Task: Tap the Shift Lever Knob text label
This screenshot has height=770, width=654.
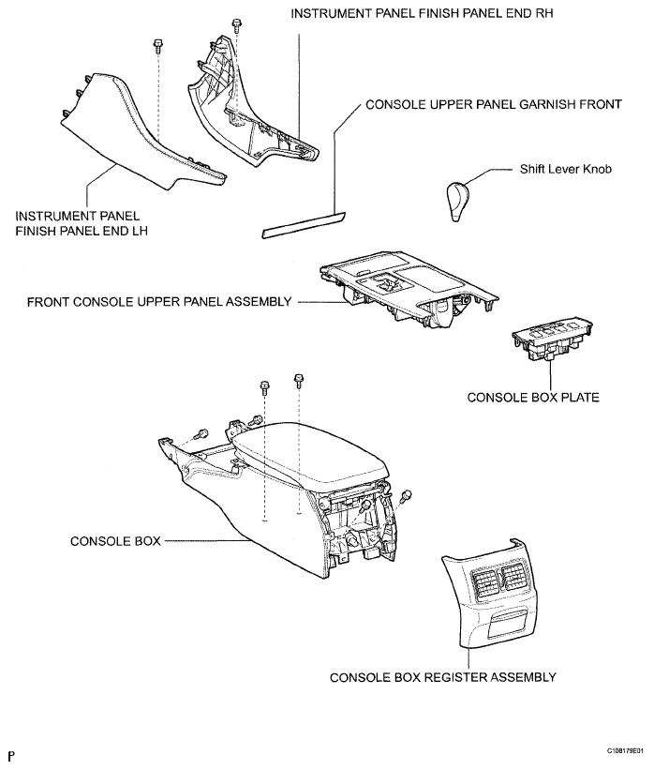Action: pyautogui.click(x=566, y=171)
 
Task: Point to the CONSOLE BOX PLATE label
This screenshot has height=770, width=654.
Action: pyautogui.click(x=533, y=397)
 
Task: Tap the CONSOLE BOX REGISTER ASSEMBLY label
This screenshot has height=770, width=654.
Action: pyautogui.click(x=443, y=676)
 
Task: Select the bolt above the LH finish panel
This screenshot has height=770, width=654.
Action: pyautogui.click(x=158, y=47)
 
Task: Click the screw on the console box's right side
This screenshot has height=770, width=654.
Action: pyautogui.click(x=407, y=496)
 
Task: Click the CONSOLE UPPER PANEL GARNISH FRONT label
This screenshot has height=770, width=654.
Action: pyautogui.click(x=493, y=104)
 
